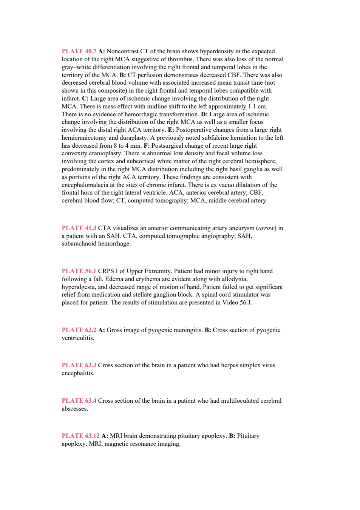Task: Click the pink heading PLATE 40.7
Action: tap(79, 51)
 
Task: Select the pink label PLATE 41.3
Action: tap(79, 228)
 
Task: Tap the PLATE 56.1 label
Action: tap(79, 271)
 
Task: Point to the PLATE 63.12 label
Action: tap(80, 436)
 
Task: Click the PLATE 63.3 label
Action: tap(79, 365)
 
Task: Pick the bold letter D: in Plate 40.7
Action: tap(204, 114)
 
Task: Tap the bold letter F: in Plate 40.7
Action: tap(147, 146)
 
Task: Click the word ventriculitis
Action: tap(78, 338)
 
